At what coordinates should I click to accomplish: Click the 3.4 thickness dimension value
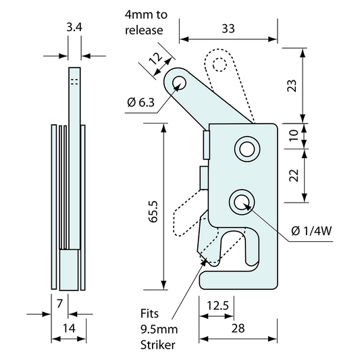pos(74,28)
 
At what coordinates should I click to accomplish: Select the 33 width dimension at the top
pos(228,28)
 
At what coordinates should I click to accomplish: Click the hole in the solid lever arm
pos(179,83)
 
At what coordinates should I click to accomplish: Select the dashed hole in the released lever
pos(219,65)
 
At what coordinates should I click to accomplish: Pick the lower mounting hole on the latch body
pos(240,200)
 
